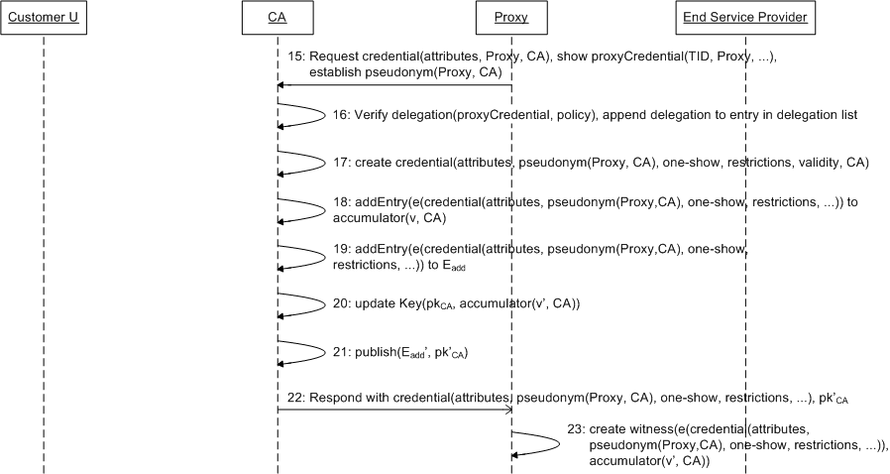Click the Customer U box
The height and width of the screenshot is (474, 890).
[x=44, y=17]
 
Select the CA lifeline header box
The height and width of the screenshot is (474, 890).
[x=278, y=17]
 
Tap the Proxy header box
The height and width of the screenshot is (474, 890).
[x=511, y=17]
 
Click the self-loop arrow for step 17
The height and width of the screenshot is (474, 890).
[x=302, y=161]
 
